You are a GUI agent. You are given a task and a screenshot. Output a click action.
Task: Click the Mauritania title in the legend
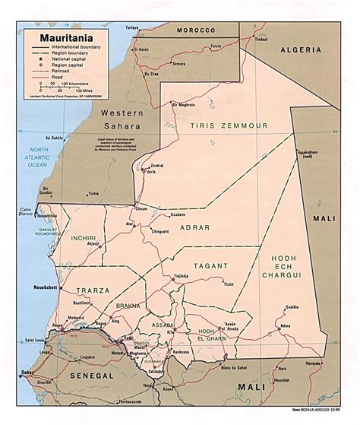[x=57, y=35]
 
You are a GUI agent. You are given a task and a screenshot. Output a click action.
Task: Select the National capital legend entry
[x=71, y=59]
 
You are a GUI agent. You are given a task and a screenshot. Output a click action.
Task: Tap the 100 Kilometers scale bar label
[x=74, y=84]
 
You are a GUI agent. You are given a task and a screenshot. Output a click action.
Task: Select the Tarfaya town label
[x=132, y=27]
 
